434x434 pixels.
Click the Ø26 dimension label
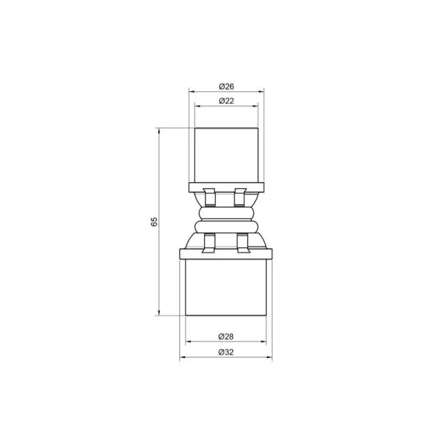pos(226,86)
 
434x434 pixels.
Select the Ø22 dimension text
pos(226,101)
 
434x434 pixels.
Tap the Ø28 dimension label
pos(226,336)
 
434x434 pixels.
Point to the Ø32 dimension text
pos(226,352)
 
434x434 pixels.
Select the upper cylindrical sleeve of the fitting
pos(226,153)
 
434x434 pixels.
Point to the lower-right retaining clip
pos(242,243)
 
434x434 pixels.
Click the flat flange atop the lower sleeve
pos(226,252)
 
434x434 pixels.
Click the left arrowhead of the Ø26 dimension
pos(192,91)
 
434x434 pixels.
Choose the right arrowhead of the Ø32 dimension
pos(270,357)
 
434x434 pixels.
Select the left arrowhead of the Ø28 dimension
pos(188,341)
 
